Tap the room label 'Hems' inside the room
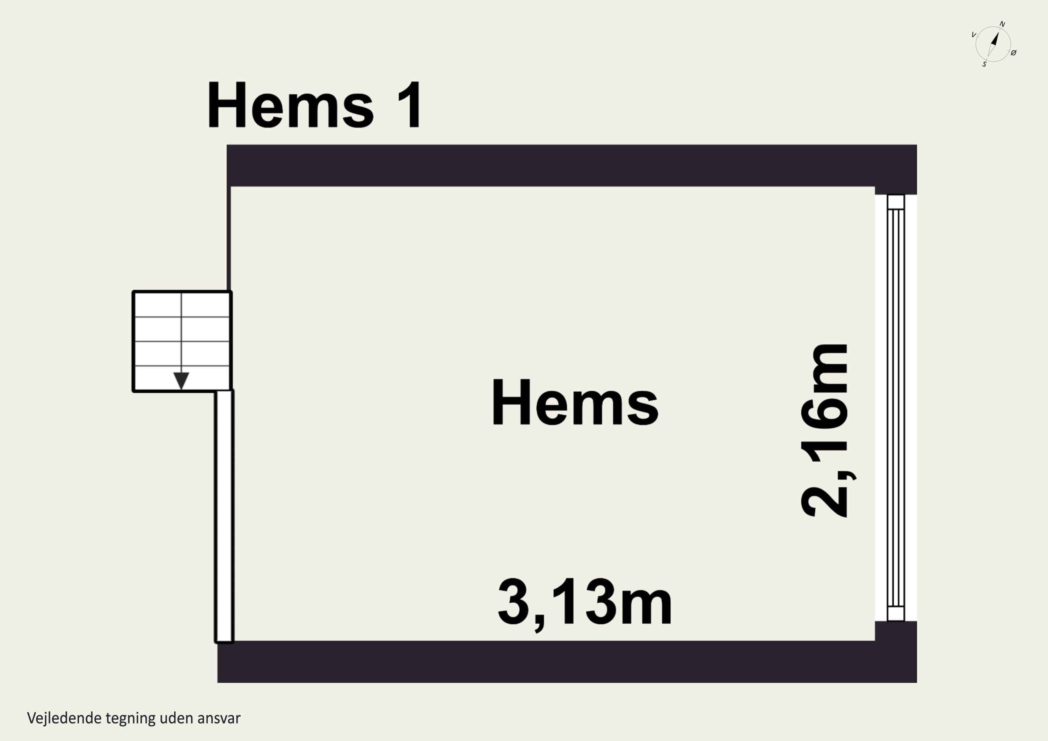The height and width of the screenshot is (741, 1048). pos(575,403)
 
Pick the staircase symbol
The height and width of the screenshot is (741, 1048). pos(182,341)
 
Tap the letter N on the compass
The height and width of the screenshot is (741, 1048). pos(1002,24)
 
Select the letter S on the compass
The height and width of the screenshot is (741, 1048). pos(984,64)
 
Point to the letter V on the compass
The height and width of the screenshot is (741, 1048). pos(973,35)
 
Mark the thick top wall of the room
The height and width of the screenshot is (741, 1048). pos(570,165)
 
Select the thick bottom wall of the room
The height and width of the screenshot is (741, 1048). pos(566,662)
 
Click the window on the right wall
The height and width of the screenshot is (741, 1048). pos(896,408)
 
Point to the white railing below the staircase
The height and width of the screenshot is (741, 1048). pos(224,516)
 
